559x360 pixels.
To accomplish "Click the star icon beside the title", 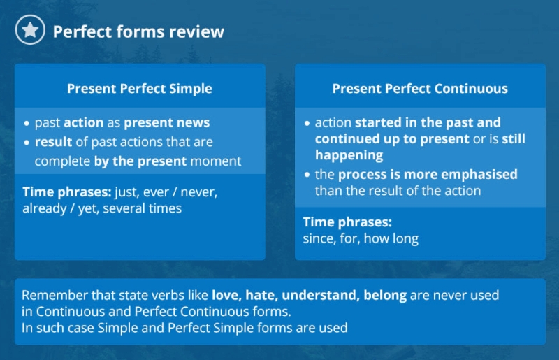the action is [x=30, y=29].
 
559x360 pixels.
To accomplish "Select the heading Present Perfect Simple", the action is [x=139, y=89].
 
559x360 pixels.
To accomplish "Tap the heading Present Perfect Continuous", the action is [x=420, y=89].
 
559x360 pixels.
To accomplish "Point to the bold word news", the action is [x=194, y=122].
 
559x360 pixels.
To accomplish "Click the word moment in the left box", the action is [x=216, y=161].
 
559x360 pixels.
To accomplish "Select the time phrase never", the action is [x=199, y=192].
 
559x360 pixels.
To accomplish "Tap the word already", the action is [x=45, y=209].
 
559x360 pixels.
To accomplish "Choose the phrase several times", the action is [x=143, y=208].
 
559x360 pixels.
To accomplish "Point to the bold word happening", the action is [x=349, y=155].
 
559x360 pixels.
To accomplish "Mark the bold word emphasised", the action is [x=480, y=175].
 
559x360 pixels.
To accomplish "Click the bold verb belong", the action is [x=385, y=296].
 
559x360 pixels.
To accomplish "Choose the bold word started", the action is [x=378, y=122].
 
